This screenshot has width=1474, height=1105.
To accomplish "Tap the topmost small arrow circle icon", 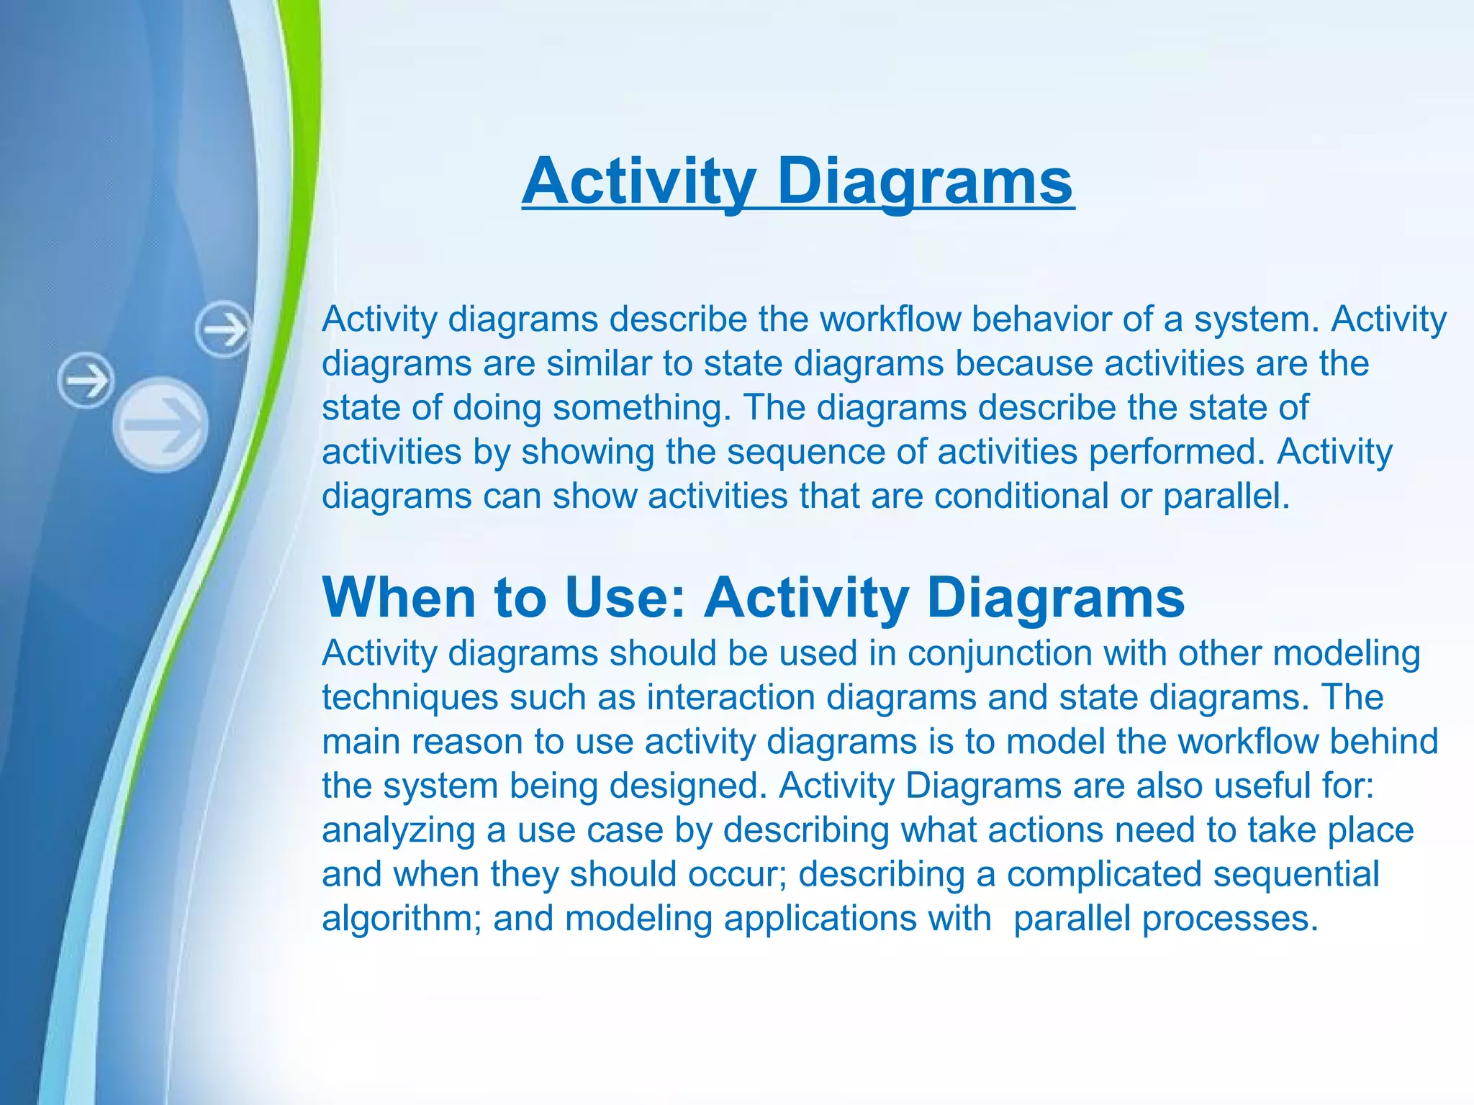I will coord(223,330).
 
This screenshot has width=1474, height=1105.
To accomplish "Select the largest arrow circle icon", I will coord(161,424).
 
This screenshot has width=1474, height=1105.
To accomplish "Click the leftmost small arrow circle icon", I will coord(86,380).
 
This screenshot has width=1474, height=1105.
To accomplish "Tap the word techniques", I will coord(410,698).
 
